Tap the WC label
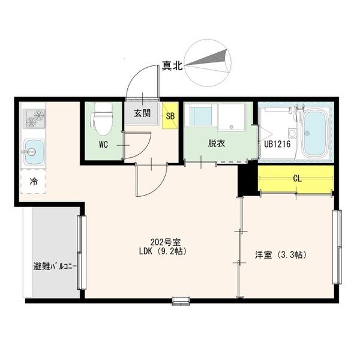103,145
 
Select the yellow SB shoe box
170,116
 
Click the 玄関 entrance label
142,113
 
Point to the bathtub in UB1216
314,133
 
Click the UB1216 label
277,144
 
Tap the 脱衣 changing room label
216,143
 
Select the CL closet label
297,179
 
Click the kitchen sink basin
34,152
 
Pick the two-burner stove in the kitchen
34,118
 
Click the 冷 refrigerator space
33,181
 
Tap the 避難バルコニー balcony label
55,266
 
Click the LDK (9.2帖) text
163,251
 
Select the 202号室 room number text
166,242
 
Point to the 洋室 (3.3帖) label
281,255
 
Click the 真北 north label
172,66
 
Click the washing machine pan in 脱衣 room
231,116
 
